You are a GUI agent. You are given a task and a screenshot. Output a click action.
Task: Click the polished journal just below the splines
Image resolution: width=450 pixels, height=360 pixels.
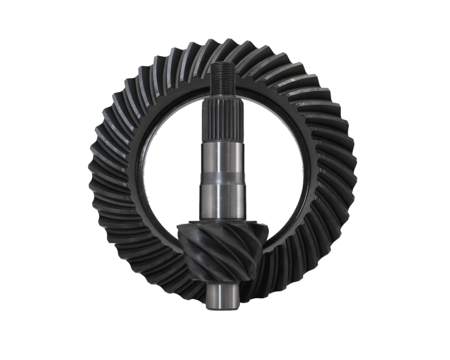[222, 157]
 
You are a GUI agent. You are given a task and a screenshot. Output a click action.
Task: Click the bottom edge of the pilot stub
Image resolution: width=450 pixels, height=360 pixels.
[220, 309]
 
